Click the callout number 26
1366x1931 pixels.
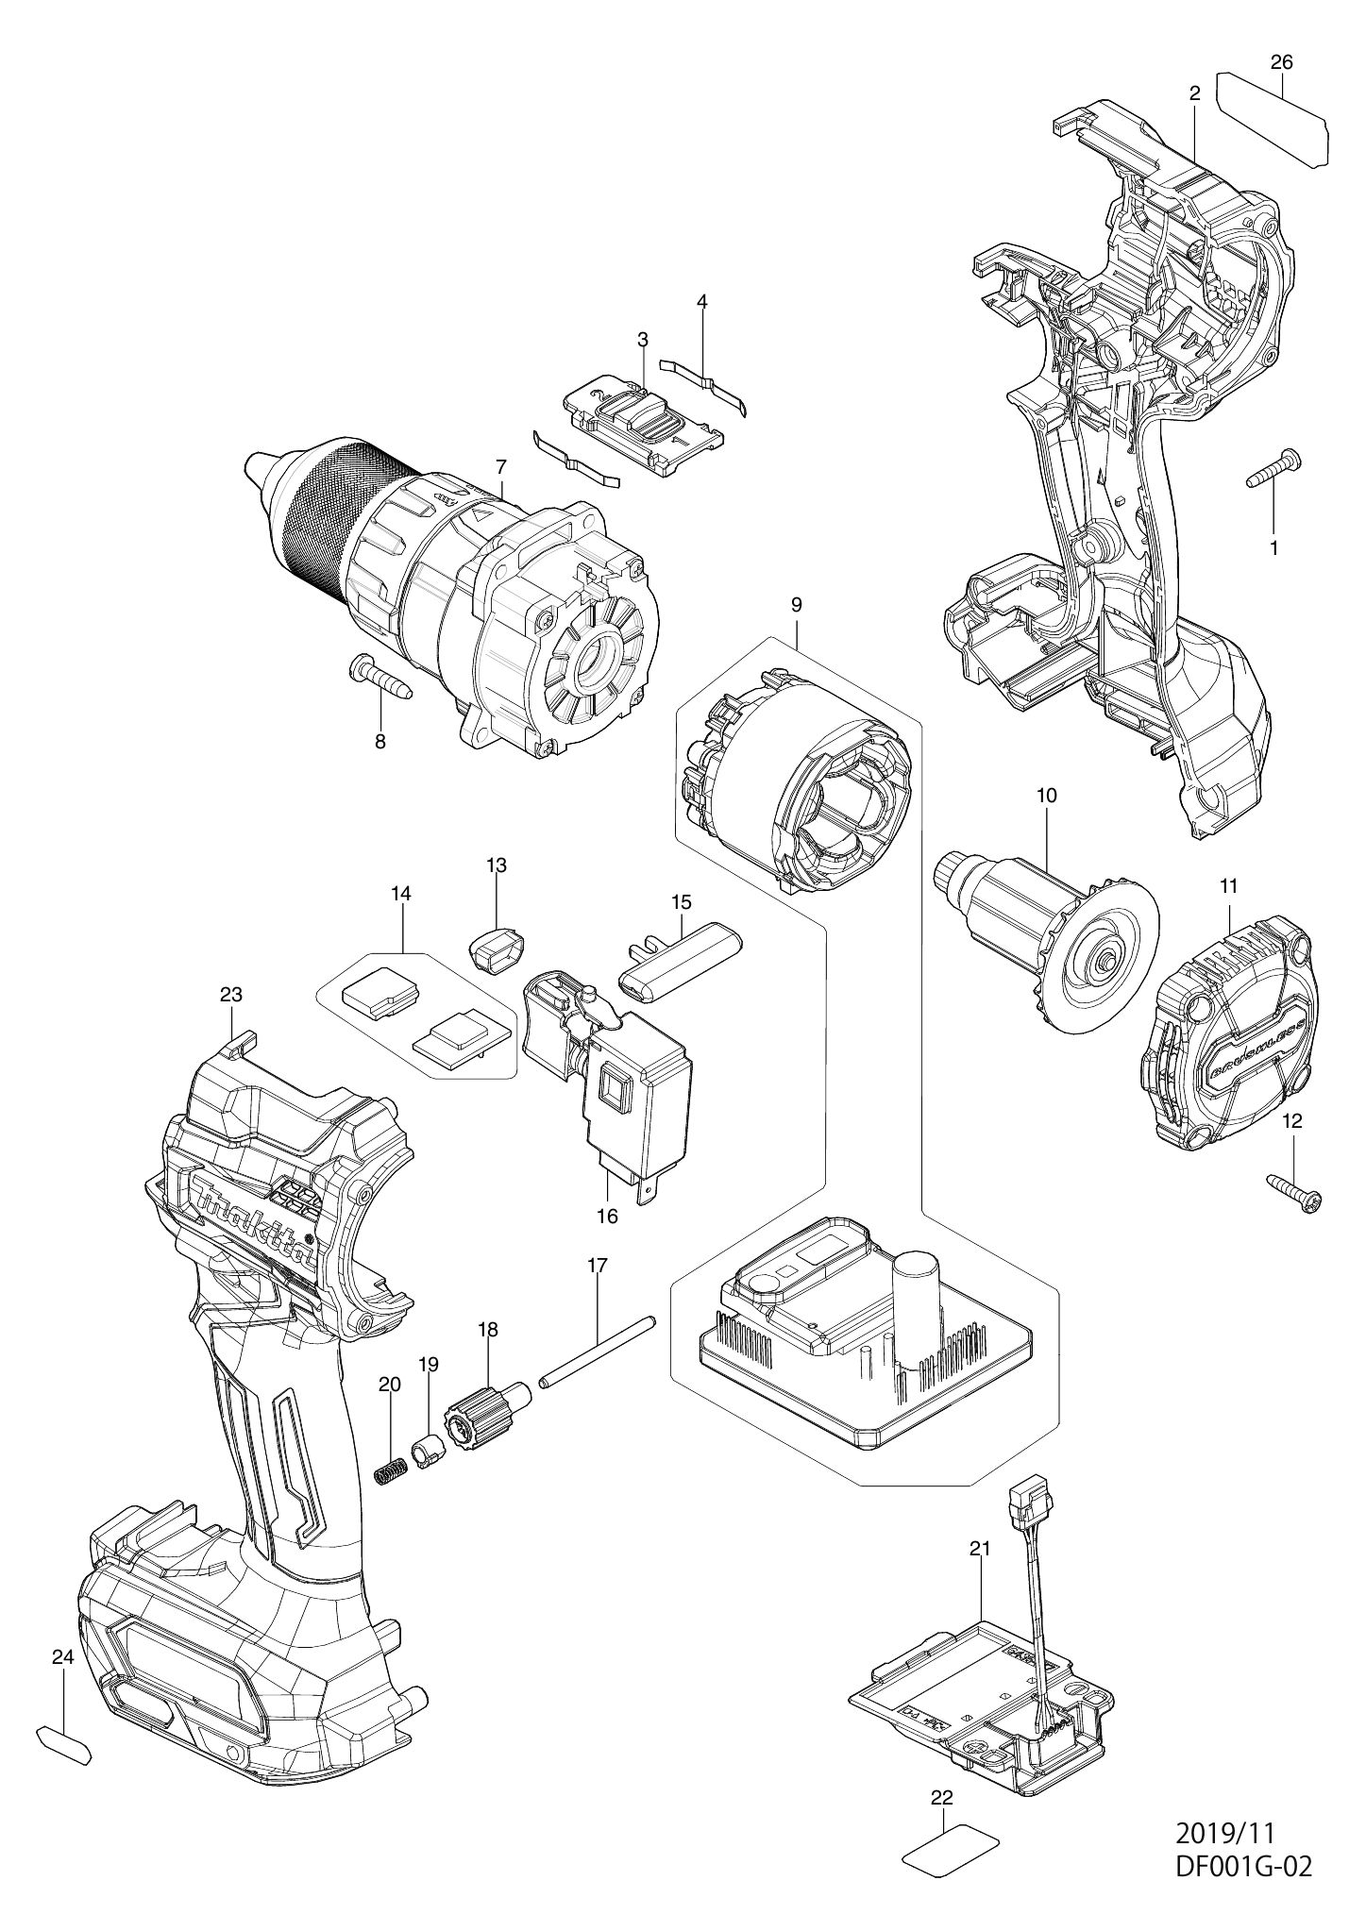click(x=1281, y=62)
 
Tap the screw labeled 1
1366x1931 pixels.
click(x=1273, y=468)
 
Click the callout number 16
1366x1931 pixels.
click(x=607, y=1216)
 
